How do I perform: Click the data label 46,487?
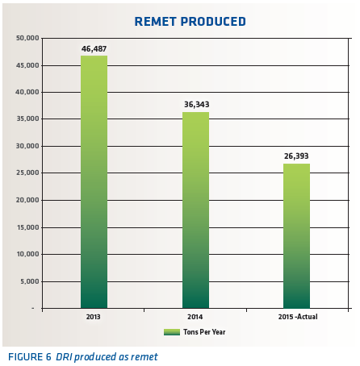94,49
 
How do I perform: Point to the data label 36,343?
195,104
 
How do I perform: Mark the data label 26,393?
296,156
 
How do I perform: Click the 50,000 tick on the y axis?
28,39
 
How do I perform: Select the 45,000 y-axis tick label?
28,65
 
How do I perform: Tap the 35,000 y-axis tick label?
28,119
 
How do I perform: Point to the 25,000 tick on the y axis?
28,173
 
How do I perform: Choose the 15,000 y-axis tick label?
28,227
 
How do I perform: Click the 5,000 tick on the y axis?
30,281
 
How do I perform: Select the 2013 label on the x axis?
94,318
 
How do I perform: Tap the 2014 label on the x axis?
195,318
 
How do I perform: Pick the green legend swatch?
171,331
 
